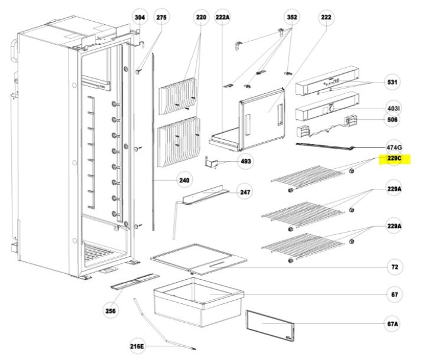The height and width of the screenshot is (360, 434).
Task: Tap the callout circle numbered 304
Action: point(139,18)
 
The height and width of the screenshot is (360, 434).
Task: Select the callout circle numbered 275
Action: point(162,18)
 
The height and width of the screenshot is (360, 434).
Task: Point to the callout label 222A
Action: point(222,18)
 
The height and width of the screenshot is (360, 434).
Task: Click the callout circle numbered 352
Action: point(291,18)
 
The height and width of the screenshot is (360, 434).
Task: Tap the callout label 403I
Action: point(393,109)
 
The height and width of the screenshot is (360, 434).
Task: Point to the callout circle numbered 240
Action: point(184,182)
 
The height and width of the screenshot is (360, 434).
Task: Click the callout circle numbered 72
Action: point(394,267)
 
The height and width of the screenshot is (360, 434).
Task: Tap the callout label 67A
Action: point(393,324)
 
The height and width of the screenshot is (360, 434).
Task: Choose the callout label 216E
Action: point(138,346)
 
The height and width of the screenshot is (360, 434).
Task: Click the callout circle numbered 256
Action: point(110,310)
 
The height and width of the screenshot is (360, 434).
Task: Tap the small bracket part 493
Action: point(212,162)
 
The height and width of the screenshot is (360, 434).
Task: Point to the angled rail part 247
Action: point(203,196)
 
